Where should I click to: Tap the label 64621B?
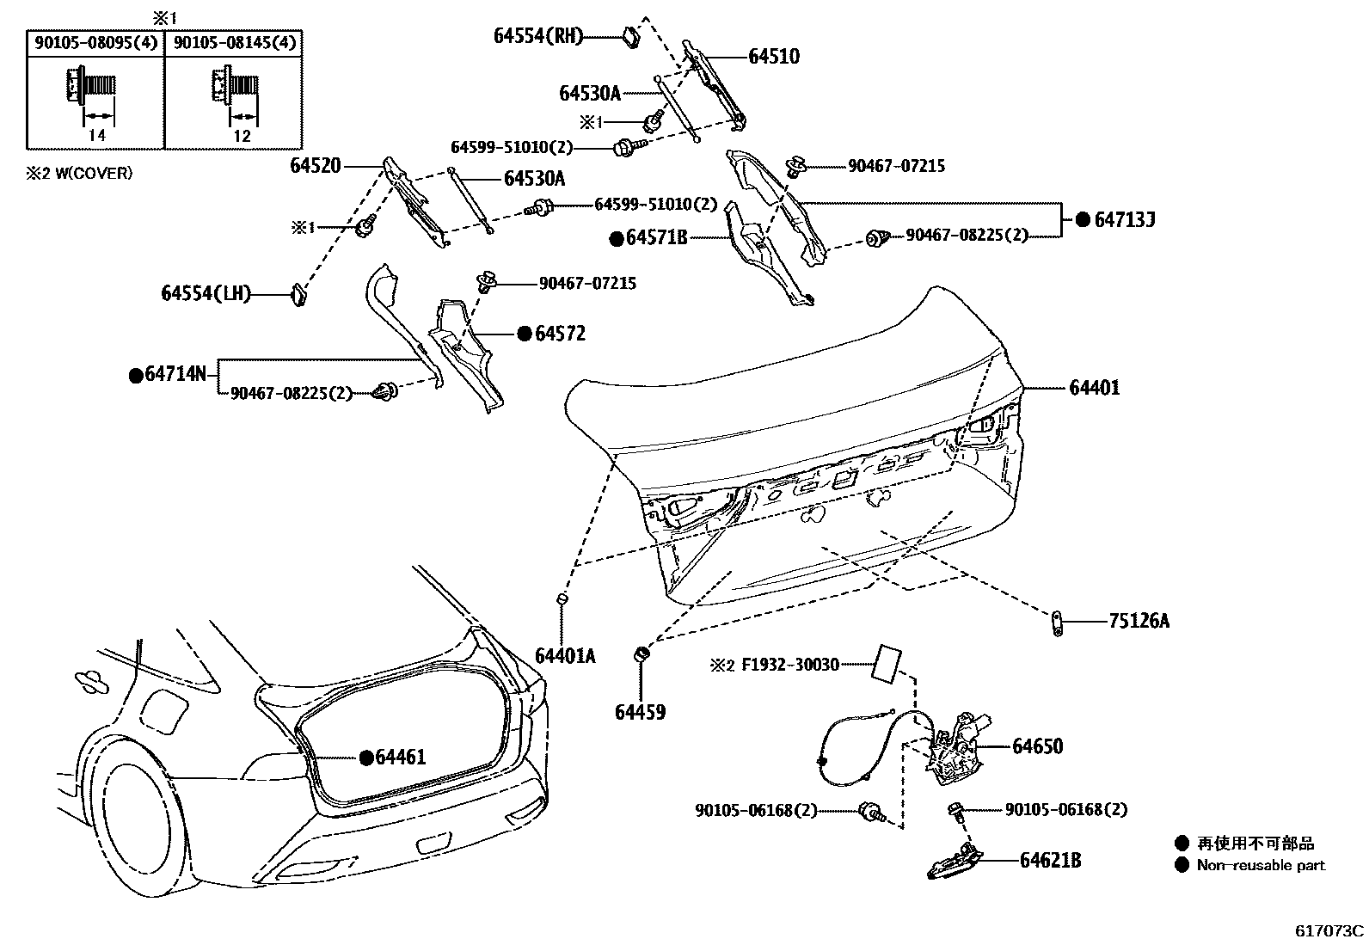pos(1050,859)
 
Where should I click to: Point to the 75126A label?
pos(1139,620)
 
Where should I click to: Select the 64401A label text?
pos(565,656)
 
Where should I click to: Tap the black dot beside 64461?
pos(366,757)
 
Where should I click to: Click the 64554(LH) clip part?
pos(298,294)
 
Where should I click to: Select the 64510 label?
pos(773,57)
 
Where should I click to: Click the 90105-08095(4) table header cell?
pos(95,43)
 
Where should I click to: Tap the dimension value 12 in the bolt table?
pos(242,136)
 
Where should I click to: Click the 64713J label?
pos(1123,219)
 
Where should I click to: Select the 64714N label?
pos(175,374)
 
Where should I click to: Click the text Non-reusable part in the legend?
pos(1261,865)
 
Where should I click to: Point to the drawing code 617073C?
pos(1329,930)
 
